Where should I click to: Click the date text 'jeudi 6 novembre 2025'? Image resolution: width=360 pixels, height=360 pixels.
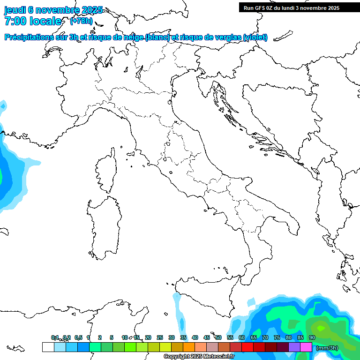53,10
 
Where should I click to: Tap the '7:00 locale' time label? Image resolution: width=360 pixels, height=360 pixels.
33,21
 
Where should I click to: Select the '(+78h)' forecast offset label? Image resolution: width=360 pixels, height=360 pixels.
81,21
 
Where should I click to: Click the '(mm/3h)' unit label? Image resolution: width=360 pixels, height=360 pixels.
327,348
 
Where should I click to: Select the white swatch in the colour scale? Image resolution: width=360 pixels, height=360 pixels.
48,347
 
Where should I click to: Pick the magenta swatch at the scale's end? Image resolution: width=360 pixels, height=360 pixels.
306,347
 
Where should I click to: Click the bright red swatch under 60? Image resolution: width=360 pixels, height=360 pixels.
247,347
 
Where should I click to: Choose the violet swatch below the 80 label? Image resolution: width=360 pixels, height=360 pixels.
294,347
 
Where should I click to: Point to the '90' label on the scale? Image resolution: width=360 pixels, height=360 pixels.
312,337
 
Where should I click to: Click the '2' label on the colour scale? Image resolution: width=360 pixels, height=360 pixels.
100,337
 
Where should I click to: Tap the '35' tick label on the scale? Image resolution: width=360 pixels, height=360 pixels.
183,337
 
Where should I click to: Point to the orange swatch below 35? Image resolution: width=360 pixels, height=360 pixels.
189,347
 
